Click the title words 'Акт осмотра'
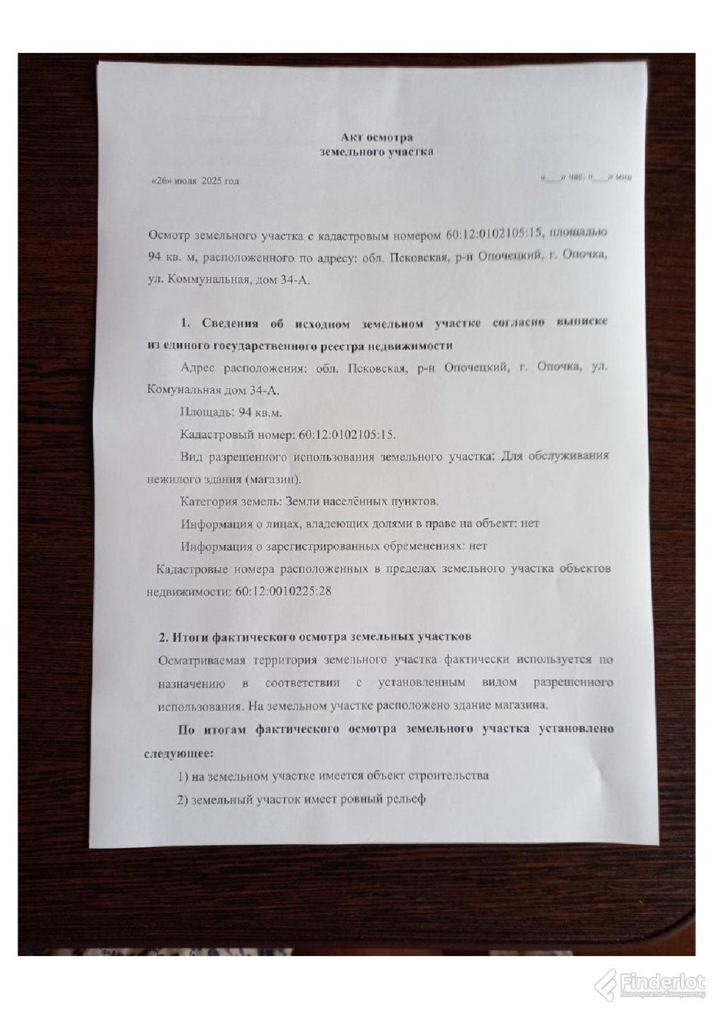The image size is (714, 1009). (376, 137)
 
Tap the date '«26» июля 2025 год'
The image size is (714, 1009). (195, 182)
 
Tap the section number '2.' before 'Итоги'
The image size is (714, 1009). (164, 636)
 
